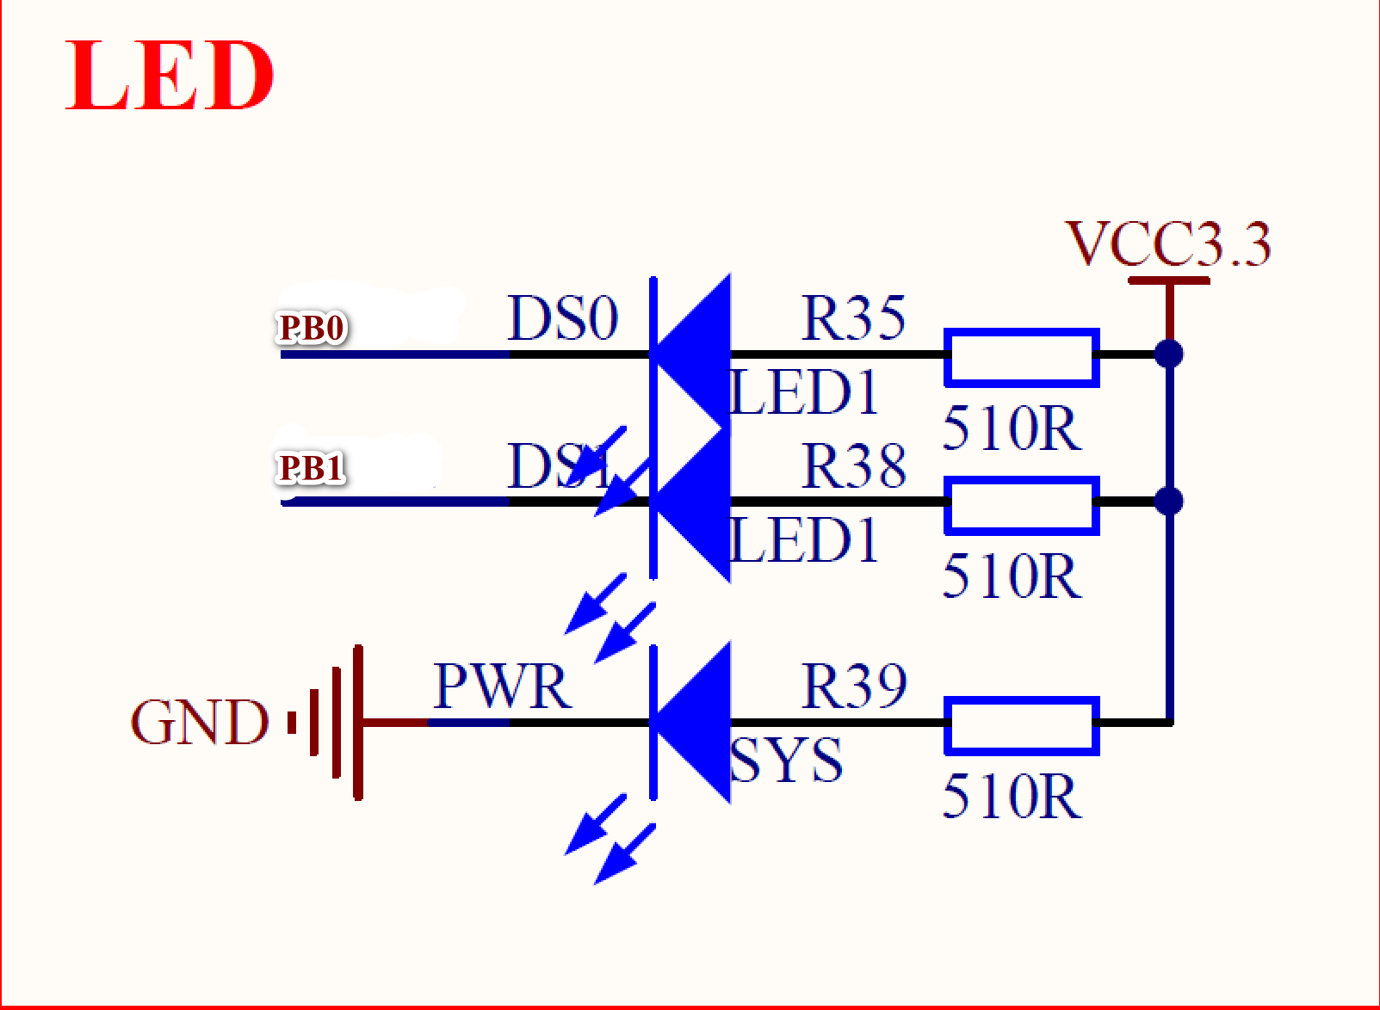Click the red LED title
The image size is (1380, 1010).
click(x=170, y=76)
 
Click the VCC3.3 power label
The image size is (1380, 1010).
click(x=1167, y=243)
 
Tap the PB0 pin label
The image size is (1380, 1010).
click(x=312, y=328)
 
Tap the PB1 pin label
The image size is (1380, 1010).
click(x=311, y=469)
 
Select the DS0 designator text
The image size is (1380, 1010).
click(x=562, y=318)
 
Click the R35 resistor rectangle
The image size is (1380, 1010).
click(x=1021, y=357)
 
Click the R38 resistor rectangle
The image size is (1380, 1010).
click(x=1021, y=505)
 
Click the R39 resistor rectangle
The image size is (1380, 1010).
click(x=1021, y=726)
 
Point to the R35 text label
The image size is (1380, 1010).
click(x=853, y=317)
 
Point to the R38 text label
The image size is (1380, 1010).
click(x=853, y=466)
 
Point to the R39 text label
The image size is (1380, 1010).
click(x=853, y=687)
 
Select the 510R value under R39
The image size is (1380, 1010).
click(x=1011, y=797)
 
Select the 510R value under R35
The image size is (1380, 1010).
click(x=1011, y=428)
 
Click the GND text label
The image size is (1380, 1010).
click(x=199, y=722)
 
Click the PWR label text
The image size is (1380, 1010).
click(x=501, y=687)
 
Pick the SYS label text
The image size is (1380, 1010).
click(x=785, y=761)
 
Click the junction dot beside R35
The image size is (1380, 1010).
click(x=1168, y=354)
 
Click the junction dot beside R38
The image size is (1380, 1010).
click(x=1168, y=501)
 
